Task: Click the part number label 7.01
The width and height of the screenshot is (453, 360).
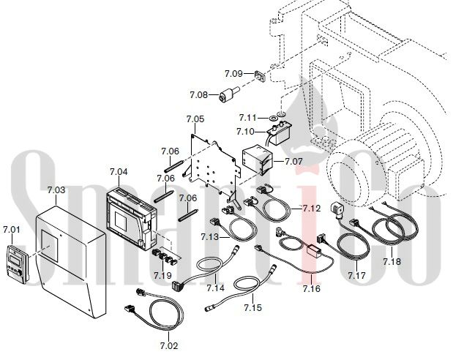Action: pyautogui.click(x=12, y=230)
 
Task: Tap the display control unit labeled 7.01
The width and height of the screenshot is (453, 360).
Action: pyautogui.click(x=18, y=264)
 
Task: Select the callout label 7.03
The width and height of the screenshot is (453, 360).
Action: pyautogui.click(x=56, y=190)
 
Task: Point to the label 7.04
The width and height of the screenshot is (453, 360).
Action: pyautogui.click(x=119, y=172)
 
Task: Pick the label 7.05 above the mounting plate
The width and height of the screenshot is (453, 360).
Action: pyautogui.click(x=195, y=119)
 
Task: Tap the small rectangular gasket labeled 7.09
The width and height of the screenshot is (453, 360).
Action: pyautogui.click(x=260, y=76)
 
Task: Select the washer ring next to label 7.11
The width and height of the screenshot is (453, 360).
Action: pyautogui.click(x=273, y=118)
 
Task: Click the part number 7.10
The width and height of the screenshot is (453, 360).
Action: pyautogui.click(x=245, y=132)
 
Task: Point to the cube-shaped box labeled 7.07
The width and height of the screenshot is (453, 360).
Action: pyautogui.click(x=258, y=160)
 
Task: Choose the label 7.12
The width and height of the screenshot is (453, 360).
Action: pyautogui.click(x=312, y=208)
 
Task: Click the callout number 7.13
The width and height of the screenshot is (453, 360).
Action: pyautogui.click(x=210, y=237)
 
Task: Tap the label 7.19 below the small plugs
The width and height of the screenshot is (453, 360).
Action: pyautogui.click(x=162, y=275)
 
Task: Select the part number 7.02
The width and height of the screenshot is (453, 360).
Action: pyautogui.click(x=169, y=345)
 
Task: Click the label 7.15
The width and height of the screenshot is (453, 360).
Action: pyautogui.click(x=252, y=307)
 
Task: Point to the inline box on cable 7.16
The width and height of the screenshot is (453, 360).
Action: pyautogui.click(x=312, y=250)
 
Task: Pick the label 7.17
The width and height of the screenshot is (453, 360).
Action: pyautogui.click(x=357, y=276)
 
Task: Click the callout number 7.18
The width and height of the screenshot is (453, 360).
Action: pyautogui.click(x=392, y=262)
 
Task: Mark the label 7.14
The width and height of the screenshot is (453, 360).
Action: pyautogui.click(x=215, y=288)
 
